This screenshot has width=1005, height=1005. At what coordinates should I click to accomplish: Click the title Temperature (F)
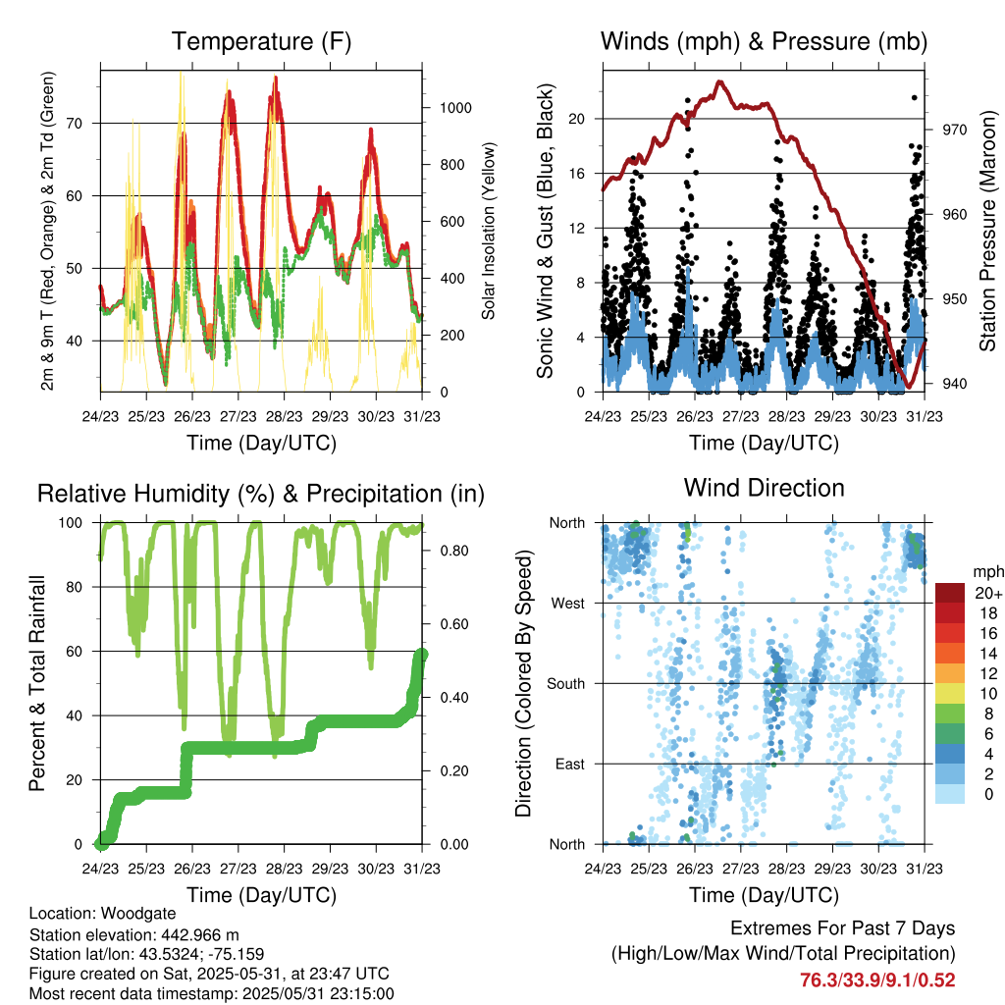(261, 42)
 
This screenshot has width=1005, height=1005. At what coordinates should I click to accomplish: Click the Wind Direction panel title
(764, 488)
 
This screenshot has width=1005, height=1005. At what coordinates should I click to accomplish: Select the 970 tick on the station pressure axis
(955, 130)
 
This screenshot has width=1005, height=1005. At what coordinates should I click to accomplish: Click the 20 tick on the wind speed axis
(576, 119)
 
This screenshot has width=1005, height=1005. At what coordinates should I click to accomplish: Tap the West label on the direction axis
(567, 604)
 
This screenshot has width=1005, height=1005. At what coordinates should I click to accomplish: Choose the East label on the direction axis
(569, 764)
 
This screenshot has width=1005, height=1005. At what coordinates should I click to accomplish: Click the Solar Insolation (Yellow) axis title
(488, 231)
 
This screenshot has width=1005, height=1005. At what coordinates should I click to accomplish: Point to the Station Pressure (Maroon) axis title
(989, 232)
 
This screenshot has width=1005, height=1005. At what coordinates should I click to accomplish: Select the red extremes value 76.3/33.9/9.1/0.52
(877, 979)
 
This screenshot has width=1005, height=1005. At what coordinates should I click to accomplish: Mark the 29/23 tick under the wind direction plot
(832, 869)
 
